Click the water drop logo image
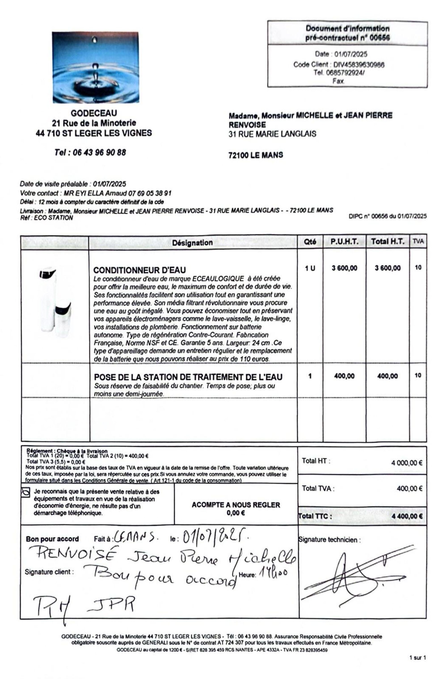tap(95, 67)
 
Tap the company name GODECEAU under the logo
tap(94, 113)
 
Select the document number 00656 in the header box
tap(380, 38)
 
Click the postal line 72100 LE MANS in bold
tap(255, 155)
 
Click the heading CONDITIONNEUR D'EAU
tap(140, 270)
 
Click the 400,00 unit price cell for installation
tap(344, 376)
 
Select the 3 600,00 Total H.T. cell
tap(387, 268)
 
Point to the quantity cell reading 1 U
tap(310, 268)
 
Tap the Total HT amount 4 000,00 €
tap(407, 463)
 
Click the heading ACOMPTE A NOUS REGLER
tap(236, 505)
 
